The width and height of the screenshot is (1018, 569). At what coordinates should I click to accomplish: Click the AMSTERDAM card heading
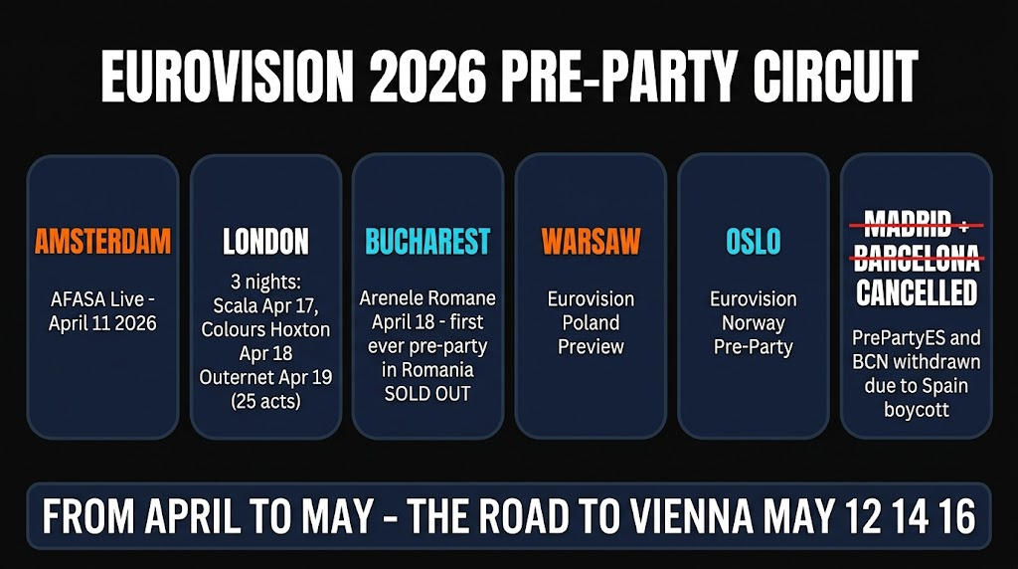(102, 241)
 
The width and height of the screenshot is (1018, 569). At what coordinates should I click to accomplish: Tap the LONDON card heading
(265, 241)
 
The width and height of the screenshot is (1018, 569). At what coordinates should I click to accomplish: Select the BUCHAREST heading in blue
(427, 241)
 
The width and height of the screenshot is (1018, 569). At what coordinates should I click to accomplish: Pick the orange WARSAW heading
(591, 241)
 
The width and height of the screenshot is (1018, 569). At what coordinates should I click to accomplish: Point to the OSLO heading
(754, 241)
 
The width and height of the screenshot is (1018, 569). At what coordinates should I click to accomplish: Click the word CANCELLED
(916, 292)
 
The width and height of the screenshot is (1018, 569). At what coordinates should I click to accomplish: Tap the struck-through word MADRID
(908, 224)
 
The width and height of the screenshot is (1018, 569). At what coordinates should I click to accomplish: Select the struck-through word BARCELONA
(916, 258)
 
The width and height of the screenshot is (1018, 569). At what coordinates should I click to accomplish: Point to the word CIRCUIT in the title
(835, 76)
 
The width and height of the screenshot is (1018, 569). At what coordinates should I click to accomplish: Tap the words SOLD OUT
(427, 394)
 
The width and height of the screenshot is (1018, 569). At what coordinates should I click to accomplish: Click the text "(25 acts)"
(265, 401)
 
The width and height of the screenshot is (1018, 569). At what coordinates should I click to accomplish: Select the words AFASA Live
(96, 298)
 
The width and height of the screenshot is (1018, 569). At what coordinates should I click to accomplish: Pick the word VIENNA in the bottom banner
(692, 515)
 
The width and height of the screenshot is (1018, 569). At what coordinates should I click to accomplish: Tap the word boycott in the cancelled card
(916, 410)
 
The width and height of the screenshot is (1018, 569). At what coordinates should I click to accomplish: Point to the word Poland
(591, 322)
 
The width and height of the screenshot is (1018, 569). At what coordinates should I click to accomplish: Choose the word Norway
(754, 323)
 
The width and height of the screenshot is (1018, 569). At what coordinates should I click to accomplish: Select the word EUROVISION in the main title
(228, 76)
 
